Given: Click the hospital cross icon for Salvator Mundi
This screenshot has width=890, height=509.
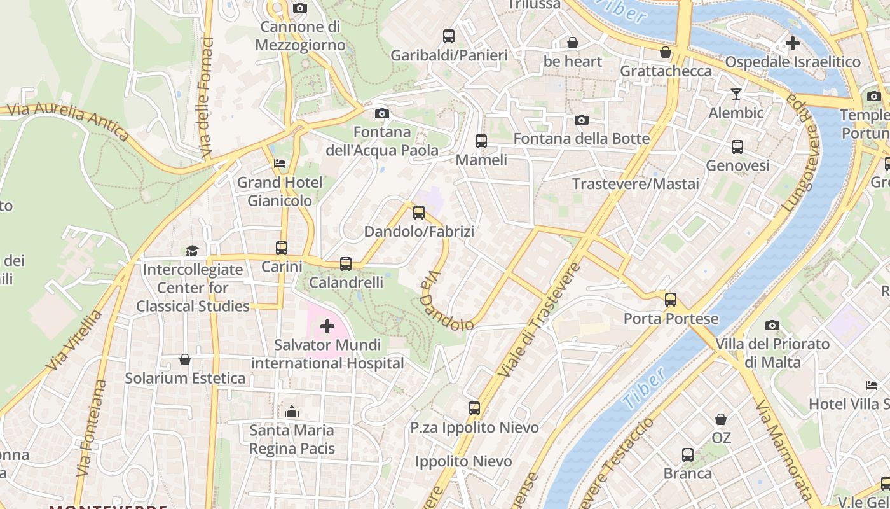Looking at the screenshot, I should (327, 327).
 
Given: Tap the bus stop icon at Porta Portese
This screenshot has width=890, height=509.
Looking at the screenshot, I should (671, 300).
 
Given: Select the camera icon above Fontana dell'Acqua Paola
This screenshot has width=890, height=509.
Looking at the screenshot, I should (382, 114).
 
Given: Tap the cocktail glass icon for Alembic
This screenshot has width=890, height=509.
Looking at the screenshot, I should (736, 94).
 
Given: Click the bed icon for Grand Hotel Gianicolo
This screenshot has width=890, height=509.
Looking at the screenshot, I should (280, 164).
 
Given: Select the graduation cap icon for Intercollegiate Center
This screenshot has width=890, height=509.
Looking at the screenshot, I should (192, 251).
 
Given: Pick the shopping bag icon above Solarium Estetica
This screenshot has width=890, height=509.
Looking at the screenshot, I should (185, 360).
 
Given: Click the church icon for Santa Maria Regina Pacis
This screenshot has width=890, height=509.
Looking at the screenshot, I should (292, 412).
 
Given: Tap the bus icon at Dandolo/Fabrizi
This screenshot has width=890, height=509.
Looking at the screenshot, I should (419, 213).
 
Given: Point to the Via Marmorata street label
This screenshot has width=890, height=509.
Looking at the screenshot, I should (783, 449).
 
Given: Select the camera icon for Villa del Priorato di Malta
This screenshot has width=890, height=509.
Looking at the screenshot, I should (772, 326).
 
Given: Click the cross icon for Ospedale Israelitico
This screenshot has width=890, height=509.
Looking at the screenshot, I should (792, 43).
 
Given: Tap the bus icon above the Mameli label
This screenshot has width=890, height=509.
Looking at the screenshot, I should (481, 141).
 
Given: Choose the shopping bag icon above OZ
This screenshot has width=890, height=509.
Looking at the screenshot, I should (721, 420).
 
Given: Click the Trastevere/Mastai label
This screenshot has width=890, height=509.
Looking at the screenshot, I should (635, 184).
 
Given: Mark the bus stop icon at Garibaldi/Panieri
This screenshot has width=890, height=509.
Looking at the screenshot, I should (449, 36).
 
